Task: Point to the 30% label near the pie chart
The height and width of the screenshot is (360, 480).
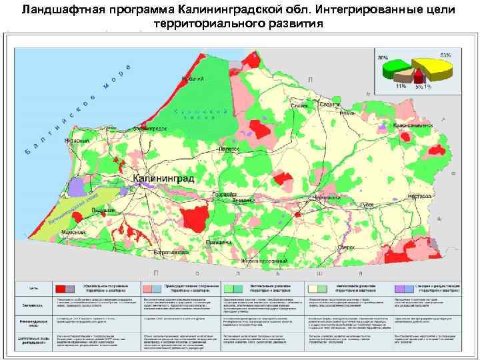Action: coord(383,59)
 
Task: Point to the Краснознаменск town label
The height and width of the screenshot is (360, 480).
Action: coord(413,125)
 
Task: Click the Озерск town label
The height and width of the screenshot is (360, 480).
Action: coord(364,247)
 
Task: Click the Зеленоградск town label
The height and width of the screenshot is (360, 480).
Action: coord(149,127)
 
